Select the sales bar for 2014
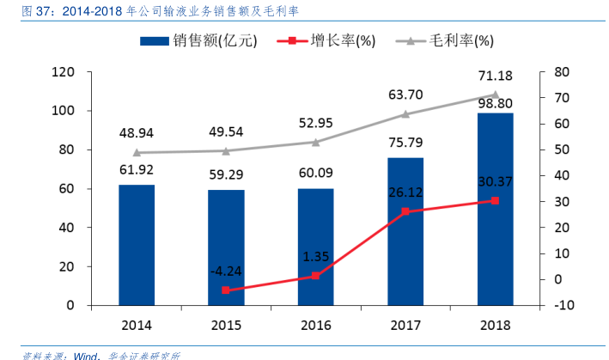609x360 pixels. [137, 245]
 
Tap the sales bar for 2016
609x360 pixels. [315, 247]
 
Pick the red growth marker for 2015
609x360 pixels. [226, 290]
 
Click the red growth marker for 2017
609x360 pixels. [405, 211]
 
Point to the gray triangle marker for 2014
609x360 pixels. [137, 152]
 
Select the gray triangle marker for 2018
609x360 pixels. [495, 95]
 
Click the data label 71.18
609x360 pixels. [495, 76]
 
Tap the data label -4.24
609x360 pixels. [226, 272]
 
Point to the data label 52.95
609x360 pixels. [315, 123]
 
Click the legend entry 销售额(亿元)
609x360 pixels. [196, 40]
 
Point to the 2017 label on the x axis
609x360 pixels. [405, 326]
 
